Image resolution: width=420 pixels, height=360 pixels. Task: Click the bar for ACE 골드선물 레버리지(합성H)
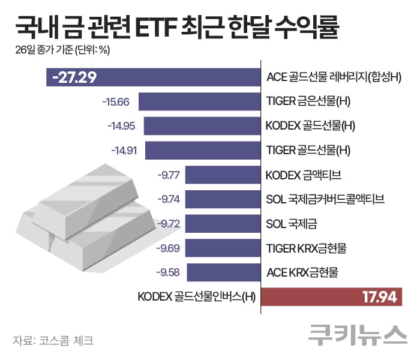coord(180,77)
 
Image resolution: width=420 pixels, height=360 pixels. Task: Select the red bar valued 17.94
coord(331,296)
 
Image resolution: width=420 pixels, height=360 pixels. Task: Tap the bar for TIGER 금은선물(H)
coord(199,101)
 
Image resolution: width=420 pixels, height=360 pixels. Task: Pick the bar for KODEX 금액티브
coord(223,175)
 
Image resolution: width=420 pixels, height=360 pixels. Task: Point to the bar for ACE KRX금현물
coord(223,272)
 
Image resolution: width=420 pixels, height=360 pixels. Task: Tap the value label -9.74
coord(168,199)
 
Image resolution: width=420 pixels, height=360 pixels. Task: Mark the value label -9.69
coord(169,248)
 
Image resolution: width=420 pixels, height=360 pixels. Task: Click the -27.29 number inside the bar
coord(74,77)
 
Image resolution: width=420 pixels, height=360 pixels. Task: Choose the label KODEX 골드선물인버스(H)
coord(196,296)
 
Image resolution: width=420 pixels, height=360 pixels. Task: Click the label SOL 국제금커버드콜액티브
coord(325,199)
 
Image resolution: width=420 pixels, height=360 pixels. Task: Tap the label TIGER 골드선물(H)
coord(308,150)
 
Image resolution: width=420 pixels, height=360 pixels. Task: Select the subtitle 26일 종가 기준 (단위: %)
coord(62,50)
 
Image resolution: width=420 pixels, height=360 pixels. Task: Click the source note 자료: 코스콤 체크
coord(53,340)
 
